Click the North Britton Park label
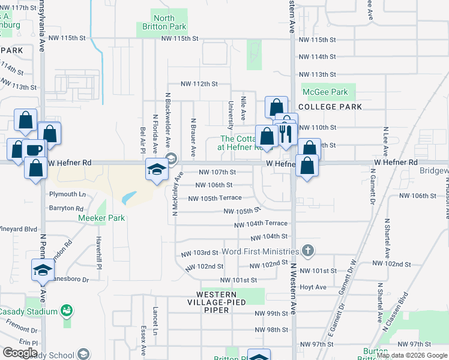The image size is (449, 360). [x=164, y=23]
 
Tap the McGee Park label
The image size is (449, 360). [x=325, y=92]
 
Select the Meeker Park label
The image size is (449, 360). [x=101, y=218]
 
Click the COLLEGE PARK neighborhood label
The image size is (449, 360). [x=330, y=107]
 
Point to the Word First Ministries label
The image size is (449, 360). [x=260, y=251]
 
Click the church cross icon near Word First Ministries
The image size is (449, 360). [x=307, y=251]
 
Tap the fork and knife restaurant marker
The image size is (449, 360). [x=285, y=133]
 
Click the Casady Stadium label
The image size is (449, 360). [x=28, y=311]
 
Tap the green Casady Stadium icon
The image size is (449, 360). [x=67, y=311]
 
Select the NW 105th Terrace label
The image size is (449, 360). [x=215, y=198]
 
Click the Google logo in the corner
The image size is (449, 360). [x=20, y=352]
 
